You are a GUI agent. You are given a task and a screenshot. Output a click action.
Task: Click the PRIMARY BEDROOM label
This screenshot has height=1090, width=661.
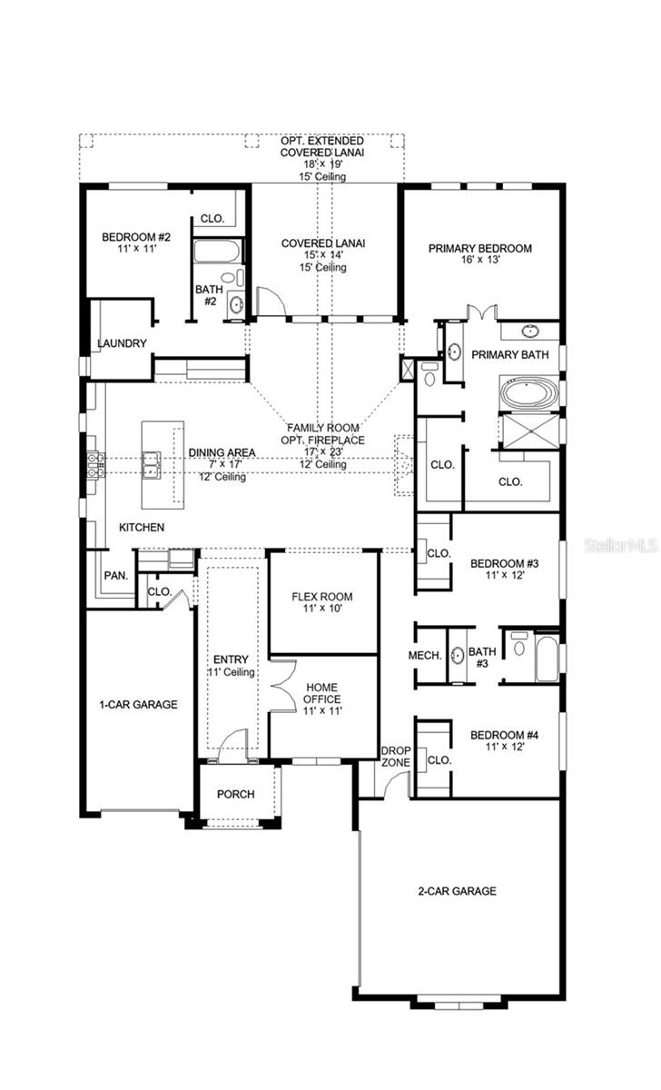(479, 248)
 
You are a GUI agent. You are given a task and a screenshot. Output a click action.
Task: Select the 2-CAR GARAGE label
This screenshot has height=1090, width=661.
(458, 891)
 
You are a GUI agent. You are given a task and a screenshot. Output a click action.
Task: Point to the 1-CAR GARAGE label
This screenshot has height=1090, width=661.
(138, 704)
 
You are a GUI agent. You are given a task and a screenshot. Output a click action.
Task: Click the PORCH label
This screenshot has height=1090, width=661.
(235, 794)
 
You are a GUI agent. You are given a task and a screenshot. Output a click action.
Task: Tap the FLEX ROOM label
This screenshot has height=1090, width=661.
(321, 597)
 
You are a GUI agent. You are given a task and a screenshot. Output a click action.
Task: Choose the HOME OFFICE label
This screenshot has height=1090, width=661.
(322, 693)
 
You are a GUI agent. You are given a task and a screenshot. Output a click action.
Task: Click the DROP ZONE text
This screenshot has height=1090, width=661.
(396, 756)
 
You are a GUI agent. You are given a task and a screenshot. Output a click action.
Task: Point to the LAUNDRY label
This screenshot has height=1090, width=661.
(122, 343)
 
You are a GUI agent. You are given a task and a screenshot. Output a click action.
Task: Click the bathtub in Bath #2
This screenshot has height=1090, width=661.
(218, 252)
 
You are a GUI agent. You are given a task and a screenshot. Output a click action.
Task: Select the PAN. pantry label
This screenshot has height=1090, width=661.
(115, 575)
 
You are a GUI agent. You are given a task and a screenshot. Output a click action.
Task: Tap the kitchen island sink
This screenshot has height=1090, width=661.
(152, 464)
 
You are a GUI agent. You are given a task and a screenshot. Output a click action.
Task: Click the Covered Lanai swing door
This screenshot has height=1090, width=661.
(270, 300)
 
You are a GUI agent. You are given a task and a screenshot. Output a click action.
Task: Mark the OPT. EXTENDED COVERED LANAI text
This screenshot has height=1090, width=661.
(322, 147)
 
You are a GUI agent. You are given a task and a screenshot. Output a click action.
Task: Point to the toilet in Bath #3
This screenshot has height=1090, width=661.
(518, 647)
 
